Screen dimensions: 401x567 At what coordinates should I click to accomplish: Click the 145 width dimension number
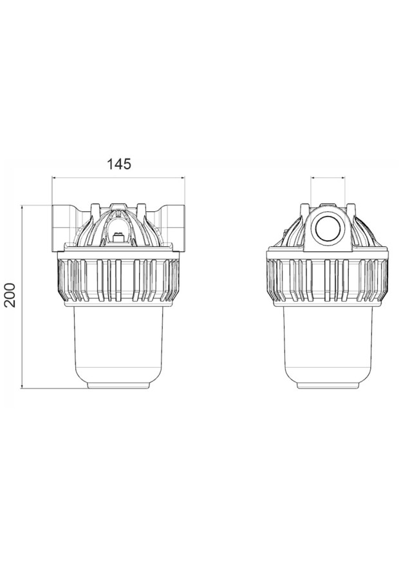point(119,164)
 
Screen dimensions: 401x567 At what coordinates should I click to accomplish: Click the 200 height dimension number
point(11,294)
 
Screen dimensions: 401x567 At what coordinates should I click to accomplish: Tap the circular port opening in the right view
point(328,229)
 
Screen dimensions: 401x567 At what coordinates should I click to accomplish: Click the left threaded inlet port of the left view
point(62,228)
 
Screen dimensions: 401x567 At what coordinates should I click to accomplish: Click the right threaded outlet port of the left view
point(173,228)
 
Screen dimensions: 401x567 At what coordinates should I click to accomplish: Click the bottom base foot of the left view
point(118,386)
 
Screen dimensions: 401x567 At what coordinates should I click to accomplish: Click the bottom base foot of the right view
point(328,386)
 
